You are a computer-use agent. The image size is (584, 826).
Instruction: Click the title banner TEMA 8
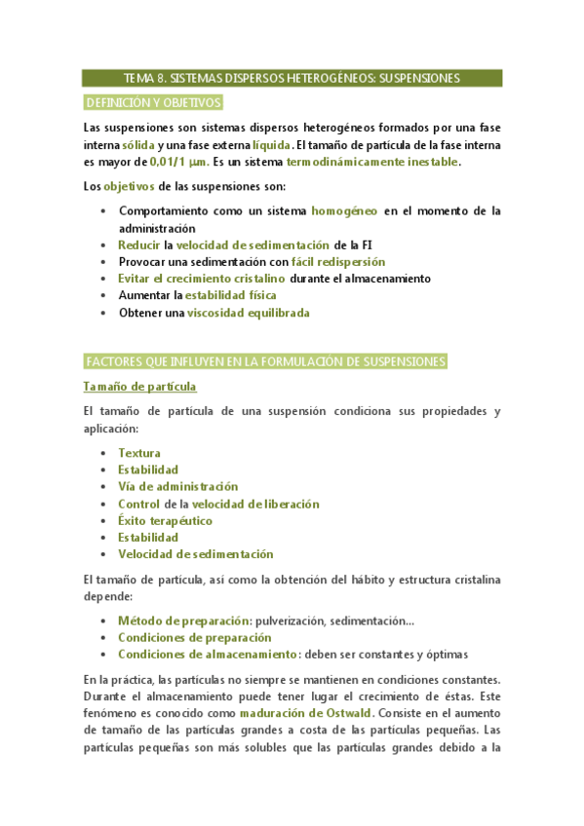292,78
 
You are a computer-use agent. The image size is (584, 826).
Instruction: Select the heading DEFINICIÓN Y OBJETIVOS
154,102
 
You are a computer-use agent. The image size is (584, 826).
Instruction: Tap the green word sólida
125,145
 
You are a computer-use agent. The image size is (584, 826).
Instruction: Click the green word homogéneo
343,210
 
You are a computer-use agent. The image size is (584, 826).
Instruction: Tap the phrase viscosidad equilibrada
249,313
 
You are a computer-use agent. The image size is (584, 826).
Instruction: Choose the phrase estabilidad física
231,295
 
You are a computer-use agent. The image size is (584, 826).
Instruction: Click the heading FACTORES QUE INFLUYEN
265,362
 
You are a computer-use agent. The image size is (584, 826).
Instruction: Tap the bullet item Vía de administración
177,486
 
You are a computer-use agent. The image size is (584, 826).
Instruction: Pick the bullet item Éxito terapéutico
165,520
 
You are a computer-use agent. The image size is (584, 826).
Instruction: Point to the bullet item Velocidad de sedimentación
195,554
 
